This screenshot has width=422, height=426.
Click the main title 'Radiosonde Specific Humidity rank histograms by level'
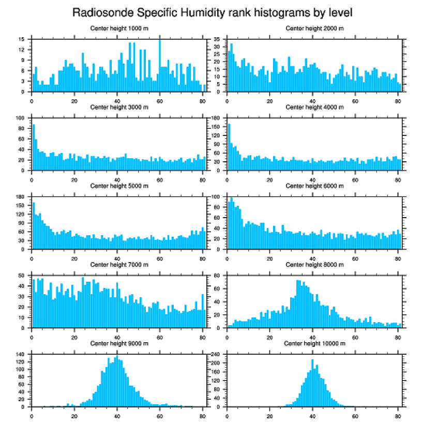[x=212, y=12]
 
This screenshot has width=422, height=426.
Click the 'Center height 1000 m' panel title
[x=119, y=28]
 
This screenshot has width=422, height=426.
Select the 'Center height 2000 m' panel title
[x=314, y=28]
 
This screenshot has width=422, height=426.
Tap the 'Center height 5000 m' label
[x=119, y=186]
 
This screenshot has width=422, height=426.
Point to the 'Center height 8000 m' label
[x=314, y=265]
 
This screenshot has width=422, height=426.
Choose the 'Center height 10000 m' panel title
[x=314, y=344]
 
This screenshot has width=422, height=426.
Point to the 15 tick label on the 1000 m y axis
[x=21, y=39]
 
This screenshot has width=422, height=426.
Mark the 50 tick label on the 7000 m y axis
[x=21, y=276]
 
